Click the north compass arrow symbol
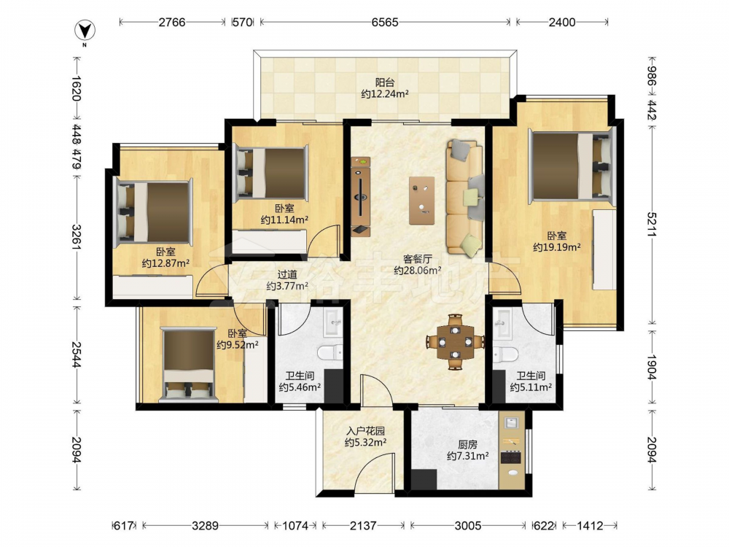click(85, 31)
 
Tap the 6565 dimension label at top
click(384, 22)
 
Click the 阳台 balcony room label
click(384, 82)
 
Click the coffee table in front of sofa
click(422, 201)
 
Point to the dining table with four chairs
click(455, 342)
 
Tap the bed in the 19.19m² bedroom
click(572, 166)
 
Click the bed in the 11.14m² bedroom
click(271, 173)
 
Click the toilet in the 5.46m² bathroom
click(330, 352)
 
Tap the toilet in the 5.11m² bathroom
click(505, 355)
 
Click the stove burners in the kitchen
click(510, 458)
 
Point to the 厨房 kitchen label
click(467, 445)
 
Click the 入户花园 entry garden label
click(365, 431)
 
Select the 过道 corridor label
click(286, 275)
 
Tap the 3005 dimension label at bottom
click(468, 526)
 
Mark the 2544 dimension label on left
click(77, 354)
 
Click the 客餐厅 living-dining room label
click(417, 259)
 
